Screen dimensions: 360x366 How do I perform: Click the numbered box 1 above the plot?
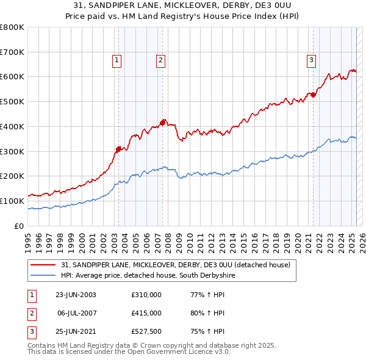pos(117,60)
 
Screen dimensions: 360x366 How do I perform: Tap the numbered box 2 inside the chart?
pos(160,60)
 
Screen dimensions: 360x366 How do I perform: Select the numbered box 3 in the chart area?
pos(311,60)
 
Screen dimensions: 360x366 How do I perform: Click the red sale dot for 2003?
pos(119,148)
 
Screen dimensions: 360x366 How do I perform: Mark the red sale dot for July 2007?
pos(163,123)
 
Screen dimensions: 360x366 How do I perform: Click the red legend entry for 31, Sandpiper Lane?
pos(177,265)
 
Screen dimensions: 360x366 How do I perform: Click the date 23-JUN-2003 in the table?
pos(76,295)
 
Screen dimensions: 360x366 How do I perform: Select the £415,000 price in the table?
pos(146,313)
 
